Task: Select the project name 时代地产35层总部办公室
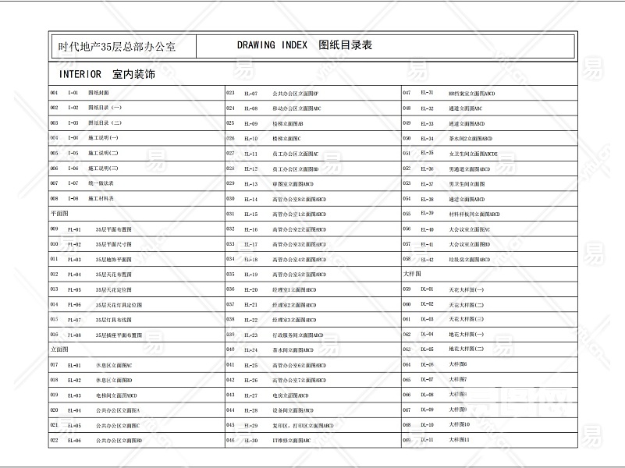[116, 47]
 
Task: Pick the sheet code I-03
[73, 122]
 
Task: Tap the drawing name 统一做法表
[101, 183]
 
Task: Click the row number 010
[54, 244]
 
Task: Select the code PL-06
[74, 304]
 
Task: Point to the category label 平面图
[59, 212]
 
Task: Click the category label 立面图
[59, 349]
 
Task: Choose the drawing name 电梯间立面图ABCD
[116, 395]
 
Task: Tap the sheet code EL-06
[74, 441]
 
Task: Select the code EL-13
[250, 184]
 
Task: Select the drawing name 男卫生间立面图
[467, 184]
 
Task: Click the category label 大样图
[411, 274]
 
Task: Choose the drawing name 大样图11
[459, 440]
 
